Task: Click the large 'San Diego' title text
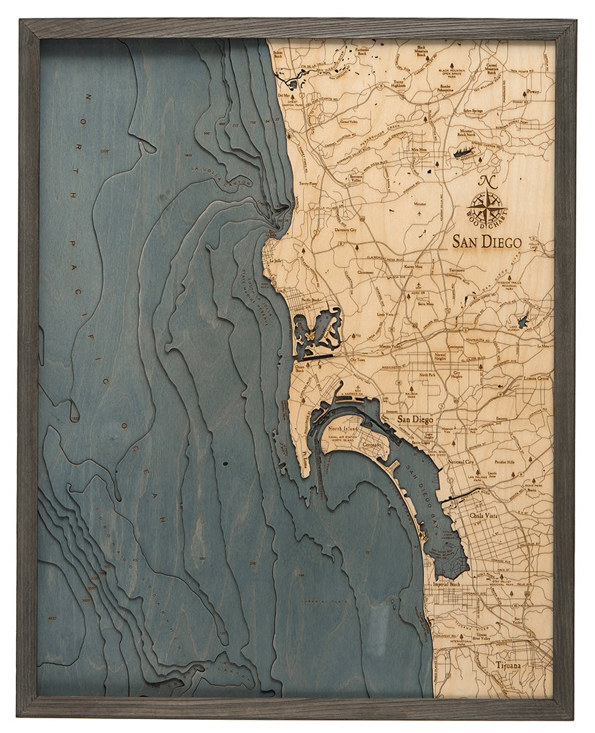pos(487,242)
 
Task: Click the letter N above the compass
pos(485,182)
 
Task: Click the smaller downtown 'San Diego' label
pos(415,419)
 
